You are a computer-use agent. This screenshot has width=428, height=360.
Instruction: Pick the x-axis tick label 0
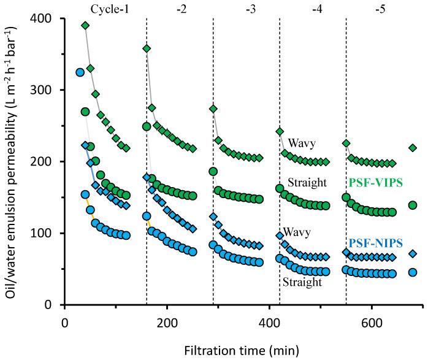pos(65,321)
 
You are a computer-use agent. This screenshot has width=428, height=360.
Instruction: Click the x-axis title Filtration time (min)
pos(243,350)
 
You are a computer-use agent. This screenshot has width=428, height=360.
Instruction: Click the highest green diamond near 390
pos(85,25)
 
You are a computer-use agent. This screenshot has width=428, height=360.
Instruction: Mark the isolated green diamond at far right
pos(413,148)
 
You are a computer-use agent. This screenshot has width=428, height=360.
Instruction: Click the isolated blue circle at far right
pos(413,272)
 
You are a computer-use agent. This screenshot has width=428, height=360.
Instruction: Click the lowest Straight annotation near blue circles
pos(302,283)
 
